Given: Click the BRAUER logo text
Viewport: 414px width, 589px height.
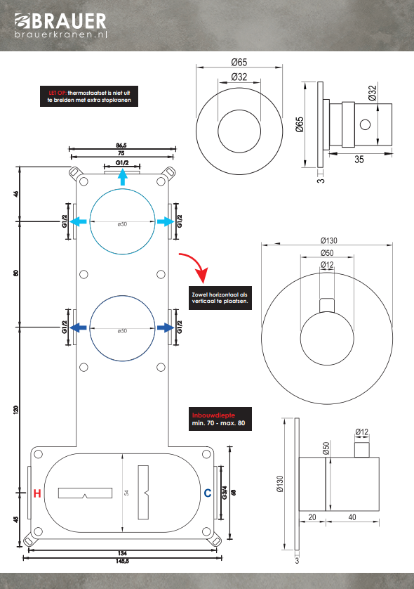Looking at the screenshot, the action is (x=69, y=21).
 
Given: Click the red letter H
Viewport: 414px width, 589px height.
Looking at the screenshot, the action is (x=37, y=493).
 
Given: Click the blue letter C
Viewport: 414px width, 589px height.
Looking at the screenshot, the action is (x=208, y=493).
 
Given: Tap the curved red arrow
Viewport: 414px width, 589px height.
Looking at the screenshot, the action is (x=194, y=266).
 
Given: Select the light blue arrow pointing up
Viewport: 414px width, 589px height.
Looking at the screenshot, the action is (x=122, y=177).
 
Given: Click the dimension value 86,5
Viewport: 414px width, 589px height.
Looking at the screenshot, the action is (x=121, y=145).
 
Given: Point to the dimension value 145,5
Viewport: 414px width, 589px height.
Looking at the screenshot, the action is (x=122, y=561).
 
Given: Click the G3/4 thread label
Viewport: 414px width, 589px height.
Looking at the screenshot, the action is (x=225, y=493).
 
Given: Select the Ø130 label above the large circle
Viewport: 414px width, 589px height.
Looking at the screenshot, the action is (x=329, y=240).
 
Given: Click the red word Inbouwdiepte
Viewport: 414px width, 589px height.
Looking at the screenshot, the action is (x=213, y=415).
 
